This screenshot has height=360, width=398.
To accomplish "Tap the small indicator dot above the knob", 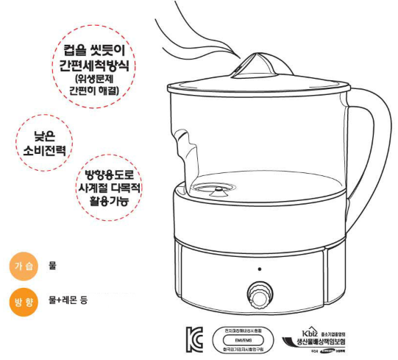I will tap(258, 269).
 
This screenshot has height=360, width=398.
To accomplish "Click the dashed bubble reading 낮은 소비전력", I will tap(45, 143).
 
